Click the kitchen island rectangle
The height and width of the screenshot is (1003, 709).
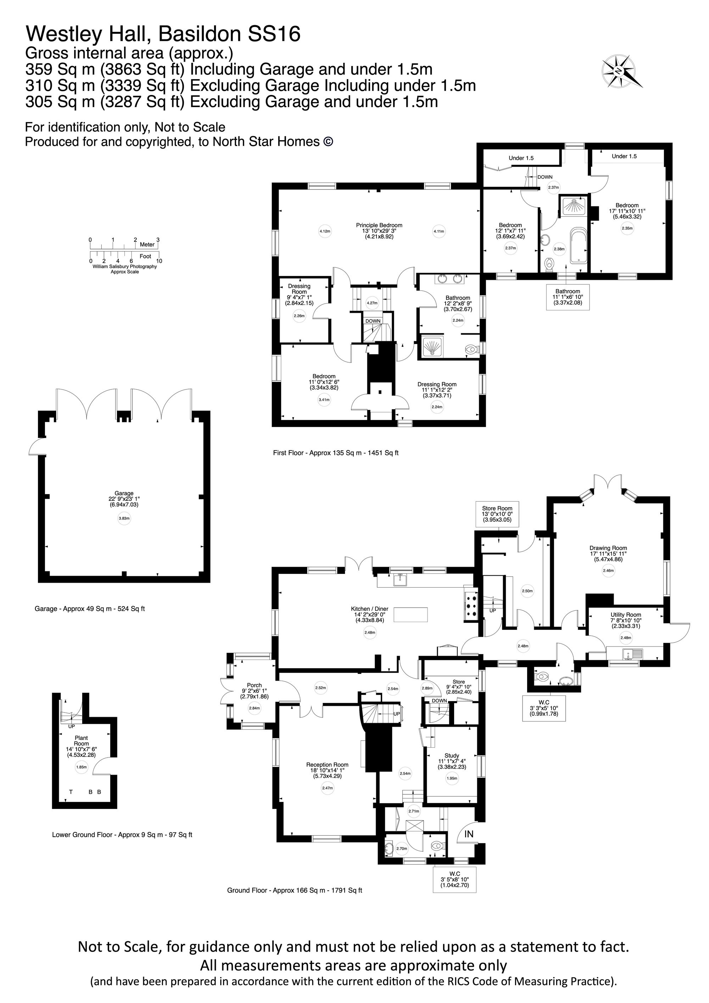tap(411, 615)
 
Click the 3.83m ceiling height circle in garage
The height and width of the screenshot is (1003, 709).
tap(124, 519)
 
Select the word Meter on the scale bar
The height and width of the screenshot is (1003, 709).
tap(147, 245)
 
